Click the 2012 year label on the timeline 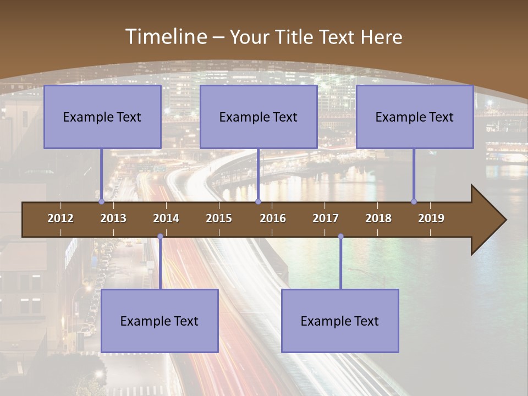pos(61,218)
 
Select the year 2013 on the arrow pos(113,218)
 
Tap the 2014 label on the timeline pos(166,218)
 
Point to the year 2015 pos(219,218)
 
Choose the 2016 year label pos(273,218)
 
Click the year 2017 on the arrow pos(326,218)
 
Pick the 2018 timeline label pos(378,218)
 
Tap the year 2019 pos(431,218)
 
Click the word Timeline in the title pos(165,37)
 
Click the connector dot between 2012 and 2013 pos(102,201)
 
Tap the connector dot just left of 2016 pos(258,201)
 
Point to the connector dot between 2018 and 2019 pos(414,201)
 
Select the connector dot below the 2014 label pos(160,237)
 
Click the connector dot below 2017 pos(340,237)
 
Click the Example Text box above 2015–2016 pos(258,117)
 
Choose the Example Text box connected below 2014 pos(159,321)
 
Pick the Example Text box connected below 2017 pos(340,321)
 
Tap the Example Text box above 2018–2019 pos(415,117)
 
